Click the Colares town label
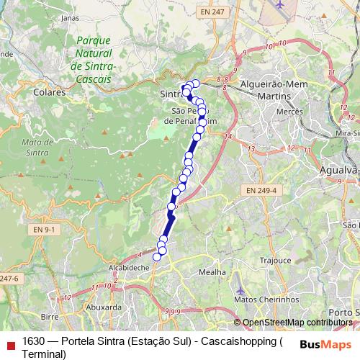coord(50,92)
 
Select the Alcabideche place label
coord(128,266)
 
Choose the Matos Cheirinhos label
coord(266,299)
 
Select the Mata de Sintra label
coord(36,146)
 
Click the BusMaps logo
coord(326,343)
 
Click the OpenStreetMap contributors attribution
coord(296,323)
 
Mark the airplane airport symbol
coord(280,4)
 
